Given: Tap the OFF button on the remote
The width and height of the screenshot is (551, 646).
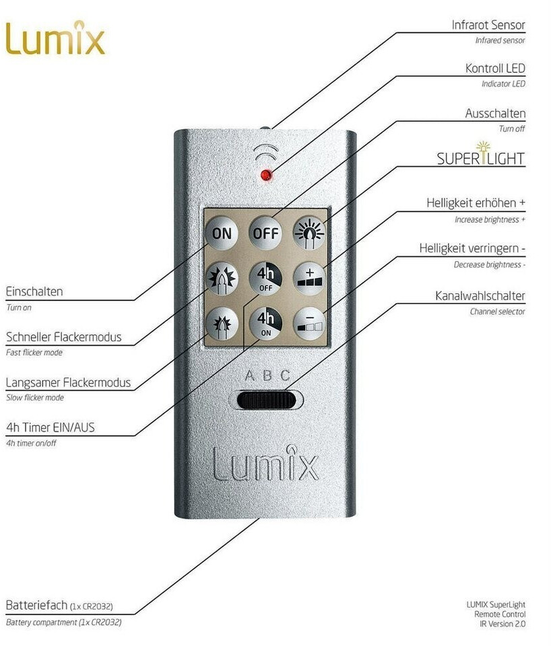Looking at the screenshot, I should (266, 233).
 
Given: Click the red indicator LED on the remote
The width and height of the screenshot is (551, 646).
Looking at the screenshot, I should (266, 175).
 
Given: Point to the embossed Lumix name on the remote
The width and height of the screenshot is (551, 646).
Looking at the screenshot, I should (265, 462).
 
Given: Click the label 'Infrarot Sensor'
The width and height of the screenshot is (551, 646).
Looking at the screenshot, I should (488, 26).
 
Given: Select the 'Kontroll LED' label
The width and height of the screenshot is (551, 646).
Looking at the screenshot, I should (495, 69).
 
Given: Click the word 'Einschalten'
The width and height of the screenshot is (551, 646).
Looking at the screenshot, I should (34, 292).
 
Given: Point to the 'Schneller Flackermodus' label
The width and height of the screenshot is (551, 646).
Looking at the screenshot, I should (64, 337).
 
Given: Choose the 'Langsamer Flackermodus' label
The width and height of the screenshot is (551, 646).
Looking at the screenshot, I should (68, 383).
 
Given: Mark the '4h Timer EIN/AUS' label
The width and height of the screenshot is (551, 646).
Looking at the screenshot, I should (50, 427).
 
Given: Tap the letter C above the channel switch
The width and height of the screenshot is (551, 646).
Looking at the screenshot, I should (285, 375).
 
